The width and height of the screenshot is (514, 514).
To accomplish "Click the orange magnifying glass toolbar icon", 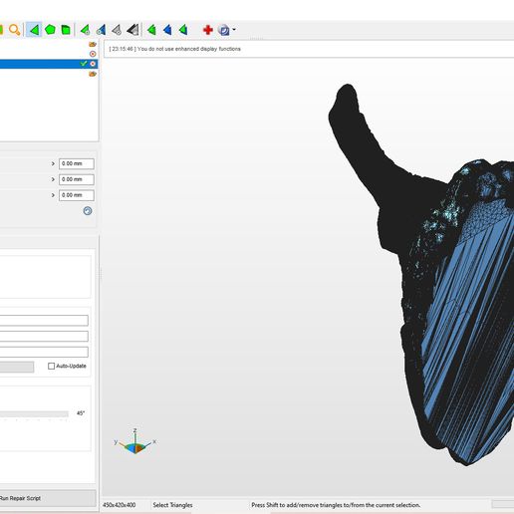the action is coord(14,30).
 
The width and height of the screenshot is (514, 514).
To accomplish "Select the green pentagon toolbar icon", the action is coord(50,30).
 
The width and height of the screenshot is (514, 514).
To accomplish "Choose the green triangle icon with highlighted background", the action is coord(34,30).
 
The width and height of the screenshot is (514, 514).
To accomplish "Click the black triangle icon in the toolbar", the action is coord(133,30).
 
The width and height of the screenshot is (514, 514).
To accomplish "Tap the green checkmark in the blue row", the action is coord(84,64).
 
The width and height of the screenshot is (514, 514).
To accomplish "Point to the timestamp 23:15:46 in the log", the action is coord(123,49).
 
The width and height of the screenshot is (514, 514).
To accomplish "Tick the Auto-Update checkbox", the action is coord(51,366).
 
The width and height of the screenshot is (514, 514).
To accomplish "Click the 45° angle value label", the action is coord(81,413).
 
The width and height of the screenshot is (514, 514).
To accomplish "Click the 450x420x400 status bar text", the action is coord(120,505).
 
